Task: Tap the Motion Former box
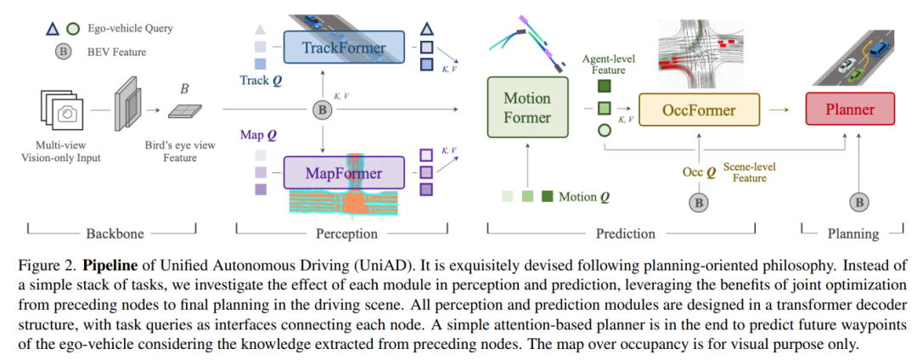click(x=527, y=108)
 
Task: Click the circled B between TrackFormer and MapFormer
click(x=322, y=110)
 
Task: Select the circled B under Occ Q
click(x=699, y=202)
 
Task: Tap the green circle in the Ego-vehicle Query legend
click(x=74, y=29)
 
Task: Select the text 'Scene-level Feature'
click(x=751, y=172)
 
